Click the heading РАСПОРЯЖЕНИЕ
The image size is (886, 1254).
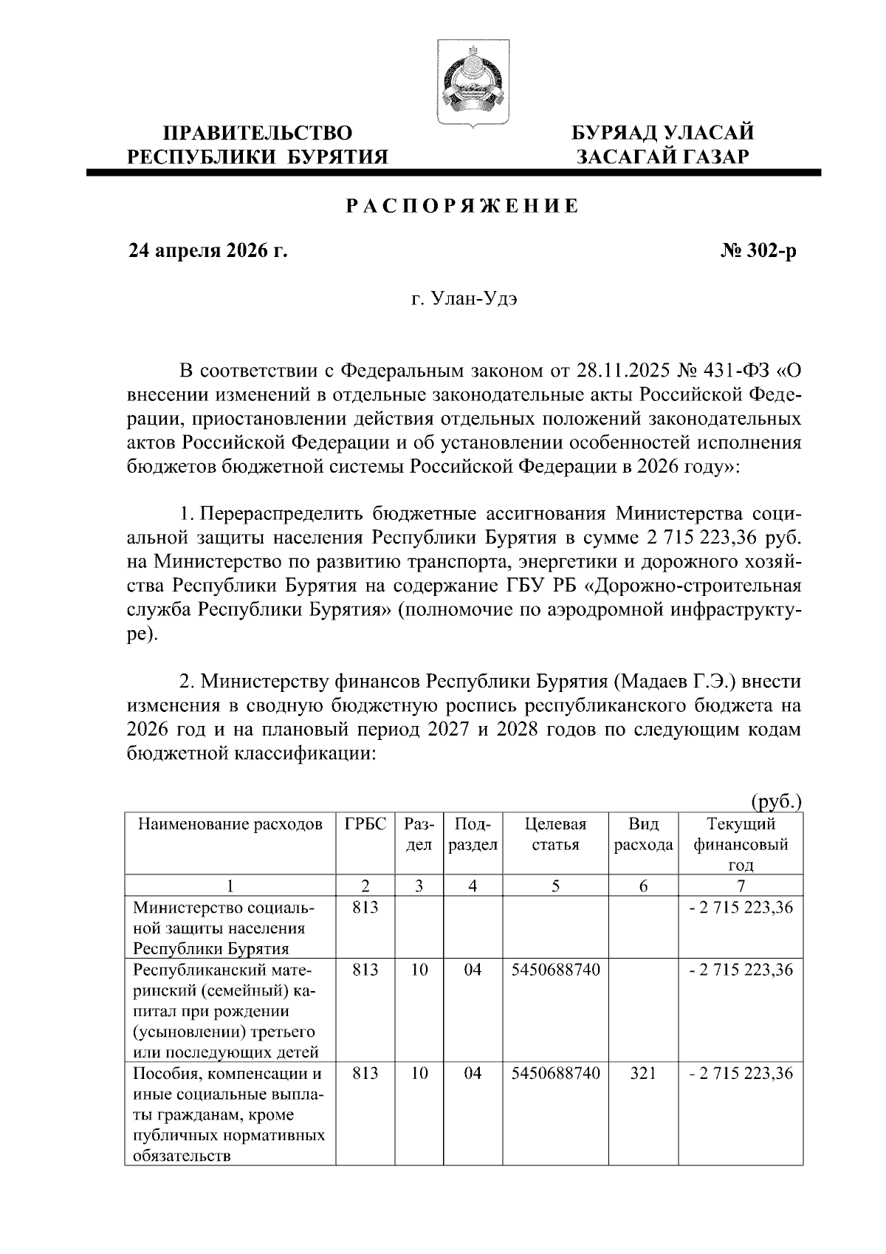[x=463, y=206]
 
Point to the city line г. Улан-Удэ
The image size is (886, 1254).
[x=465, y=301]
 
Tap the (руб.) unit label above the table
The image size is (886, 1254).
[x=775, y=801]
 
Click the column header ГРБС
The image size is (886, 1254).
[x=365, y=824]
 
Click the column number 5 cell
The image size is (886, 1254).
[x=555, y=885]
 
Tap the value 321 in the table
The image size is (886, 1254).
[x=643, y=1073]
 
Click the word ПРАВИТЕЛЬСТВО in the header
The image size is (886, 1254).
[x=257, y=134]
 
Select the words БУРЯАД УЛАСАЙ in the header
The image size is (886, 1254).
[x=663, y=134]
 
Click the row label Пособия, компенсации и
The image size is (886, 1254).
[x=227, y=1073]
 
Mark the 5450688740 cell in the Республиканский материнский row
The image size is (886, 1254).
[x=555, y=969]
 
